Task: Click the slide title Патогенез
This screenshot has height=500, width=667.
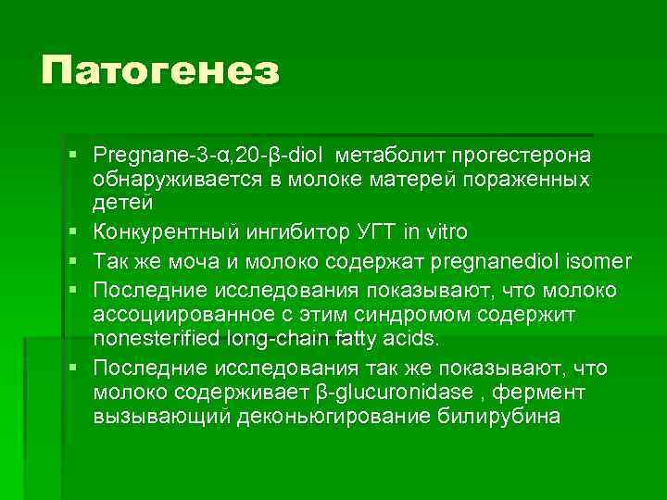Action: [x=159, y=70]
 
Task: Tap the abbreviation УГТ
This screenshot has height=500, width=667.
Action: [x=366, y=231]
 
